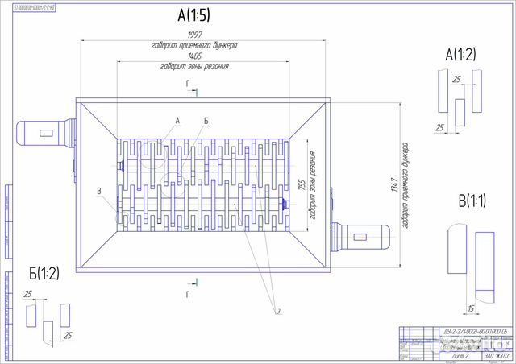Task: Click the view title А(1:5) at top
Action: (195, 14)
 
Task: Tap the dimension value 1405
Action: (194, 57)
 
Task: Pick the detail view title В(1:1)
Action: (472, 200)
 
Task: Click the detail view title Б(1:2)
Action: (44, 272)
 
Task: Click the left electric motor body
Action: (40, 131)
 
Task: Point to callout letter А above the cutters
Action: (177, 119)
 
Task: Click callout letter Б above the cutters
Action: (206, 120)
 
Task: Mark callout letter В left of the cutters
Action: (98, 190)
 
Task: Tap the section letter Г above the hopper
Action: (188, 83)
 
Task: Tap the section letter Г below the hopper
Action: (188, 295)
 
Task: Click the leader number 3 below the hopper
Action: (277, 310)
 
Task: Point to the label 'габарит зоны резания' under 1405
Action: (194, 68)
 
